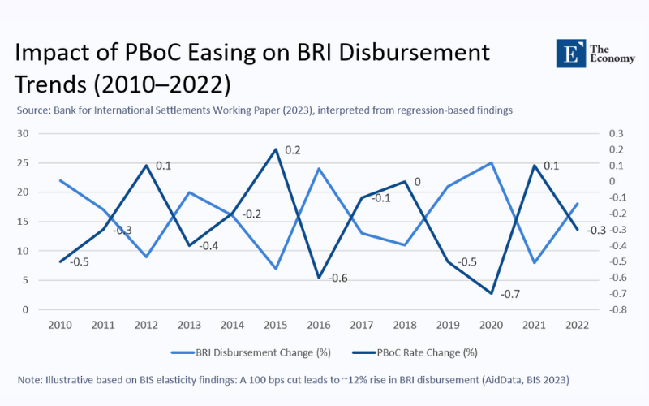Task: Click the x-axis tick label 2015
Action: (x=276, y=325)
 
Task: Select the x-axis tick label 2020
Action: (x=491, y=325)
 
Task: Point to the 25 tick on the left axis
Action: (x=23, y=163)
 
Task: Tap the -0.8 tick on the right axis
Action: (x=616, y=310)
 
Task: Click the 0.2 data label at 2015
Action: (x=293, y=150)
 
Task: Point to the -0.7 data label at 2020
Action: (x=510, y=294)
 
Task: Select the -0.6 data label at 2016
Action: (x=337, y=278)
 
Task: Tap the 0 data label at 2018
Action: (x=417, y=182)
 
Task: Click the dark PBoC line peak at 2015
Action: (x=276, y=149)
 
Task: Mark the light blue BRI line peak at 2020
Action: (x=491, y=163)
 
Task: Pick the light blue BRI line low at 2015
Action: (x=276, y=269)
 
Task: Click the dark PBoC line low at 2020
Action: (x=491, y=293)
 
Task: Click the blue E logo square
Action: (x=570, y=54)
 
